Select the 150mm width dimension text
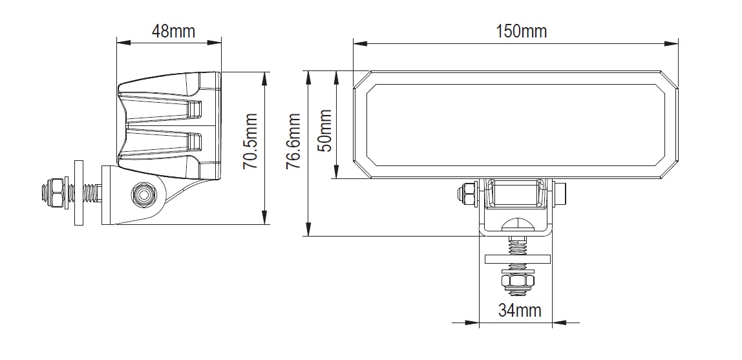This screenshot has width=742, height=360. click(521, 30)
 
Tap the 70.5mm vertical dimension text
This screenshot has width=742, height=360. click(251, 142)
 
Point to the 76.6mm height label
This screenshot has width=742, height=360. click(294, 142)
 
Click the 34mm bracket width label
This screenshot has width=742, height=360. click(520, 310)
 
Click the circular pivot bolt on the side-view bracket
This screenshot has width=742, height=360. click(142, 194)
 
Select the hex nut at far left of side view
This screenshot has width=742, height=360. click(54, 192)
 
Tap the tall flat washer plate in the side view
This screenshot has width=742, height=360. click(79, 193)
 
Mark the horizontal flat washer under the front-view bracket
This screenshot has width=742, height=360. click(517, 259)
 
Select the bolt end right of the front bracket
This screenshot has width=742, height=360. click(561, 192)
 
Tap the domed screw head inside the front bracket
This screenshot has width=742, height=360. click(516, 226)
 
